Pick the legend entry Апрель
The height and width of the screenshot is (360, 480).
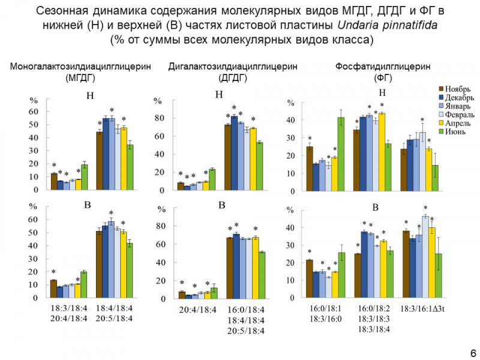[x=457, y=122]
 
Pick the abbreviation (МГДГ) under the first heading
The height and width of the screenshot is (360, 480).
[x=80, y=77]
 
